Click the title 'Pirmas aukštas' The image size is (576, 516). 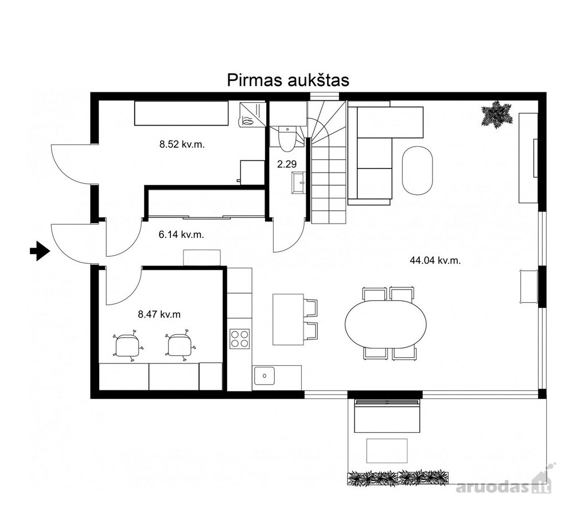point(288,80)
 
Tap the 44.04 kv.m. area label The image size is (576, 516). point(435,260)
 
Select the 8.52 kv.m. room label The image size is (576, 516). point(182,144)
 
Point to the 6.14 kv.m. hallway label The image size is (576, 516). point(181,234)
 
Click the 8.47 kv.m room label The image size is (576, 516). point(159,314)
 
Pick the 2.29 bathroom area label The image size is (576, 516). point(286,164)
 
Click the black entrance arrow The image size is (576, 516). point(40,251)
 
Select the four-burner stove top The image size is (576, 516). point(239,339)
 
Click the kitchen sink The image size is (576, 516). point(264,376)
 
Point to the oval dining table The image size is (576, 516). point(386,324)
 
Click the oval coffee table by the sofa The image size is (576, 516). point(418,170)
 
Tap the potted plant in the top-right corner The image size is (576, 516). point(497,114)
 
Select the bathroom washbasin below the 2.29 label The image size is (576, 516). point(299,182)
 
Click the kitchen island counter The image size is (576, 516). point(288,319)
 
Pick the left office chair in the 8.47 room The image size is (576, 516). point(127,346)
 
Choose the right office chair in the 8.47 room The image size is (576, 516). point(180,346)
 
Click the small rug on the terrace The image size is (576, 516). point(387,451)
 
